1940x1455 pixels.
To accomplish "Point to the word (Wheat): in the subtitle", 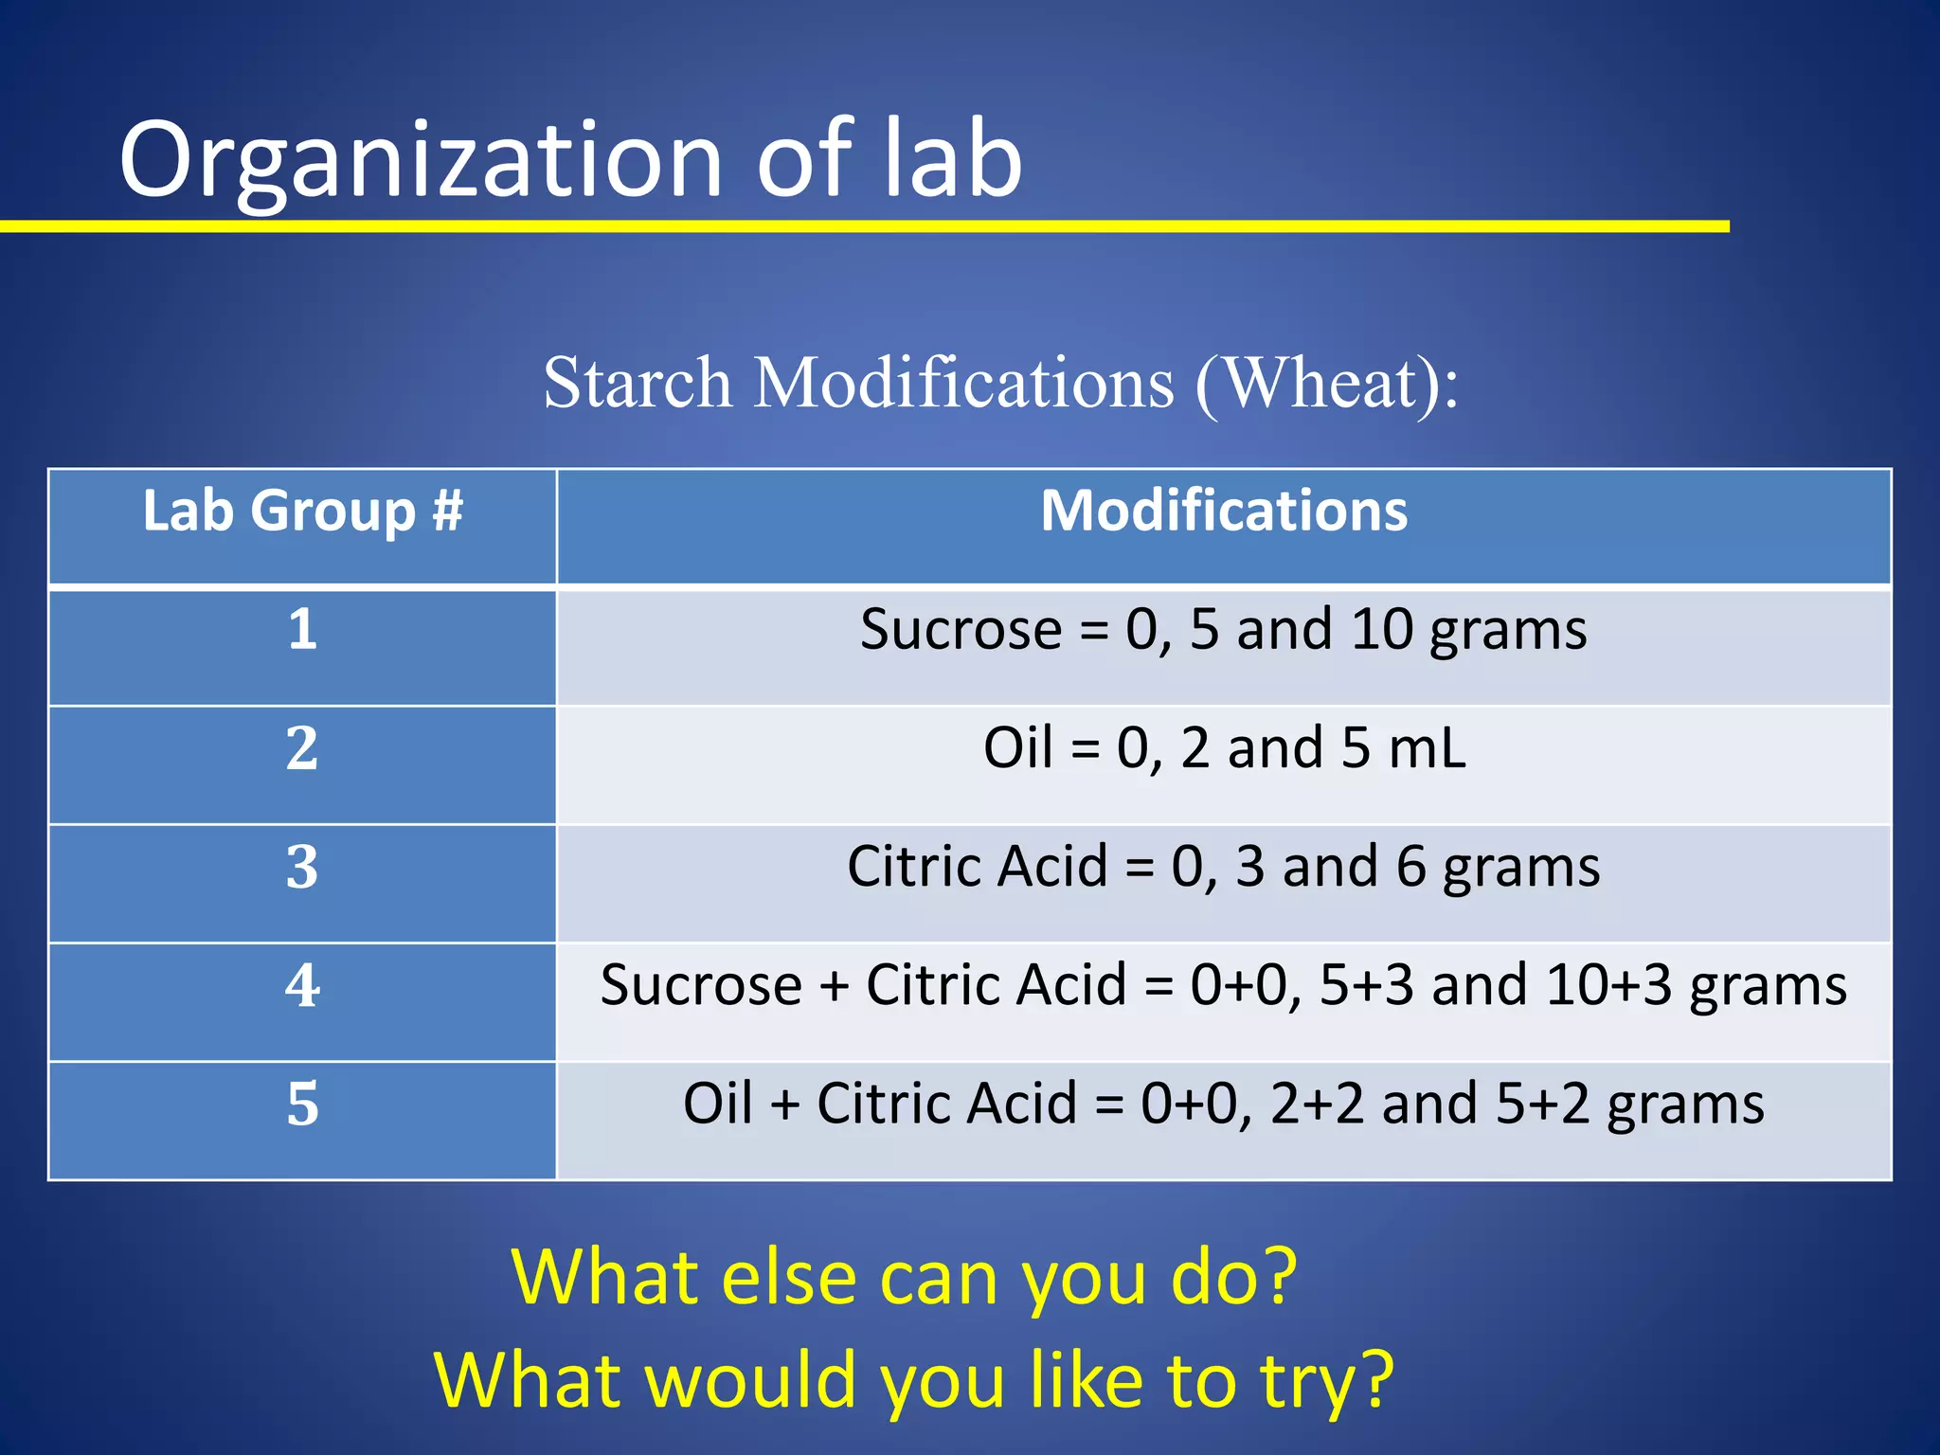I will tap(1326, 383).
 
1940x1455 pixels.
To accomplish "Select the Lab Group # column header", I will tap(302, 512).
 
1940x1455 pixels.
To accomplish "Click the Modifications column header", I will tap(1224, 512).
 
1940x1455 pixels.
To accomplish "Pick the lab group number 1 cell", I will tap(302, 629).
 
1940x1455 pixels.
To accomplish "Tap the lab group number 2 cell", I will tap(302, 748).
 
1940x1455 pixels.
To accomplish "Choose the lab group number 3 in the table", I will tap(302, 867).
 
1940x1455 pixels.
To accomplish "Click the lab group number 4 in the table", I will tap(302, 985).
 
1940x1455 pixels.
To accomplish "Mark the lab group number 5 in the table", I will tap(302, 1105).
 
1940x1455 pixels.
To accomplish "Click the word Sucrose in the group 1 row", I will tap(960, 629).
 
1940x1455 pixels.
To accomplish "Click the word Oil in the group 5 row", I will tap(718, 1105).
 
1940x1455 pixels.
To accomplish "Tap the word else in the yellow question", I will tap(788, 1279).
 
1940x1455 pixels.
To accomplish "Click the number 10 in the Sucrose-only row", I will tap(1382, 629).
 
